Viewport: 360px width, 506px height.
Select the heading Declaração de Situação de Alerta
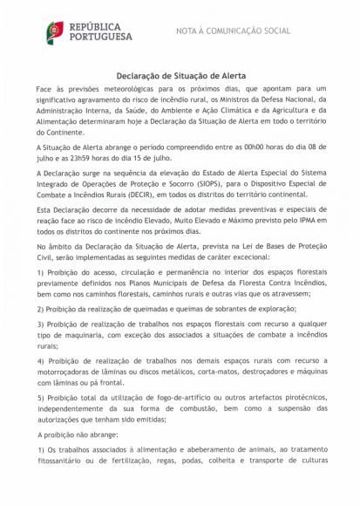pos(180,76)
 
